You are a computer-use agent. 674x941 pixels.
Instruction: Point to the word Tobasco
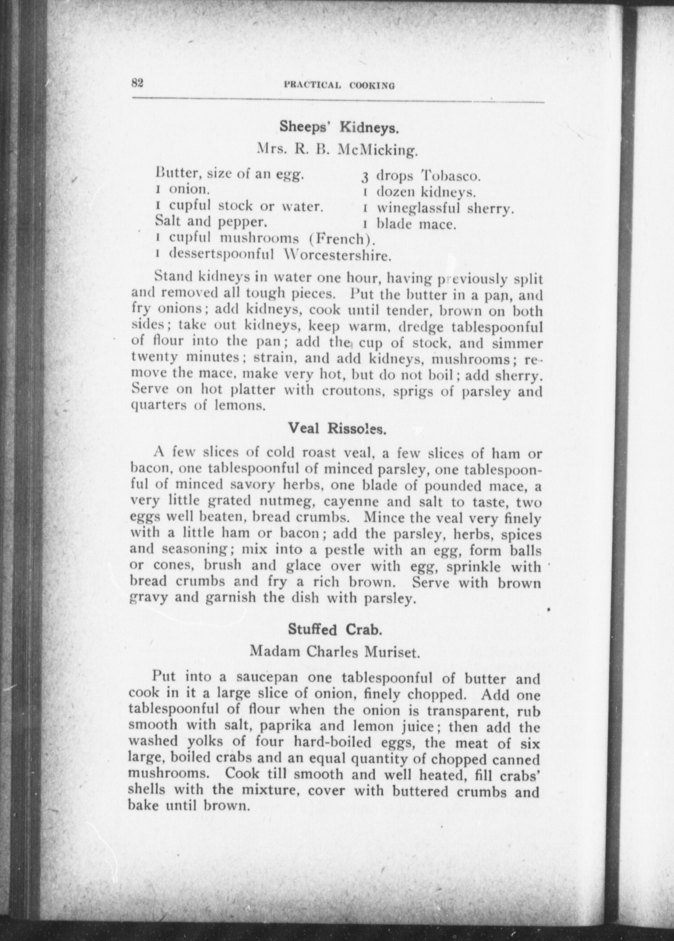(x=452, y=176)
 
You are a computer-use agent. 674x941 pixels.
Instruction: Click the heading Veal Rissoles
(x=337, y=428)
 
